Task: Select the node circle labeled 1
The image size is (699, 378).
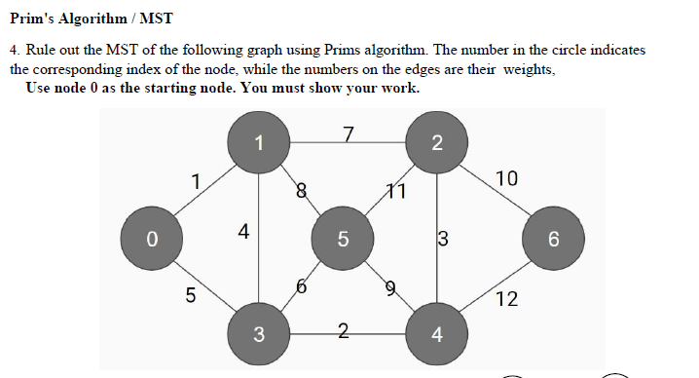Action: pyautogui.click(x=258, y=143)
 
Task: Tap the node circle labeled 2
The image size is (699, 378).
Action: pyautogui.click(x=436, y=143)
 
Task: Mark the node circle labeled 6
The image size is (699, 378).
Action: pyautogui.click(x=552, y=238)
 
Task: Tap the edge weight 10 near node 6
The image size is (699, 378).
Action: pyautogui.click(x=506, y=178)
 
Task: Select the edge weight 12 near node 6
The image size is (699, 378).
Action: pyautogui.click(x=506, y=299)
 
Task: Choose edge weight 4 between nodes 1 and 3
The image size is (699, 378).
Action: pyautogui.click(x=243, y=232)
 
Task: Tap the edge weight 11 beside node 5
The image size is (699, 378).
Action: pyautogui.click(x=394, y=191)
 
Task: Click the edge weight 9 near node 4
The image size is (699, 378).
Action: pyautogui.click(x=391, y=286)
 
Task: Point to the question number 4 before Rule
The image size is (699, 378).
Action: pyautogui.click(x=15, y=50)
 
